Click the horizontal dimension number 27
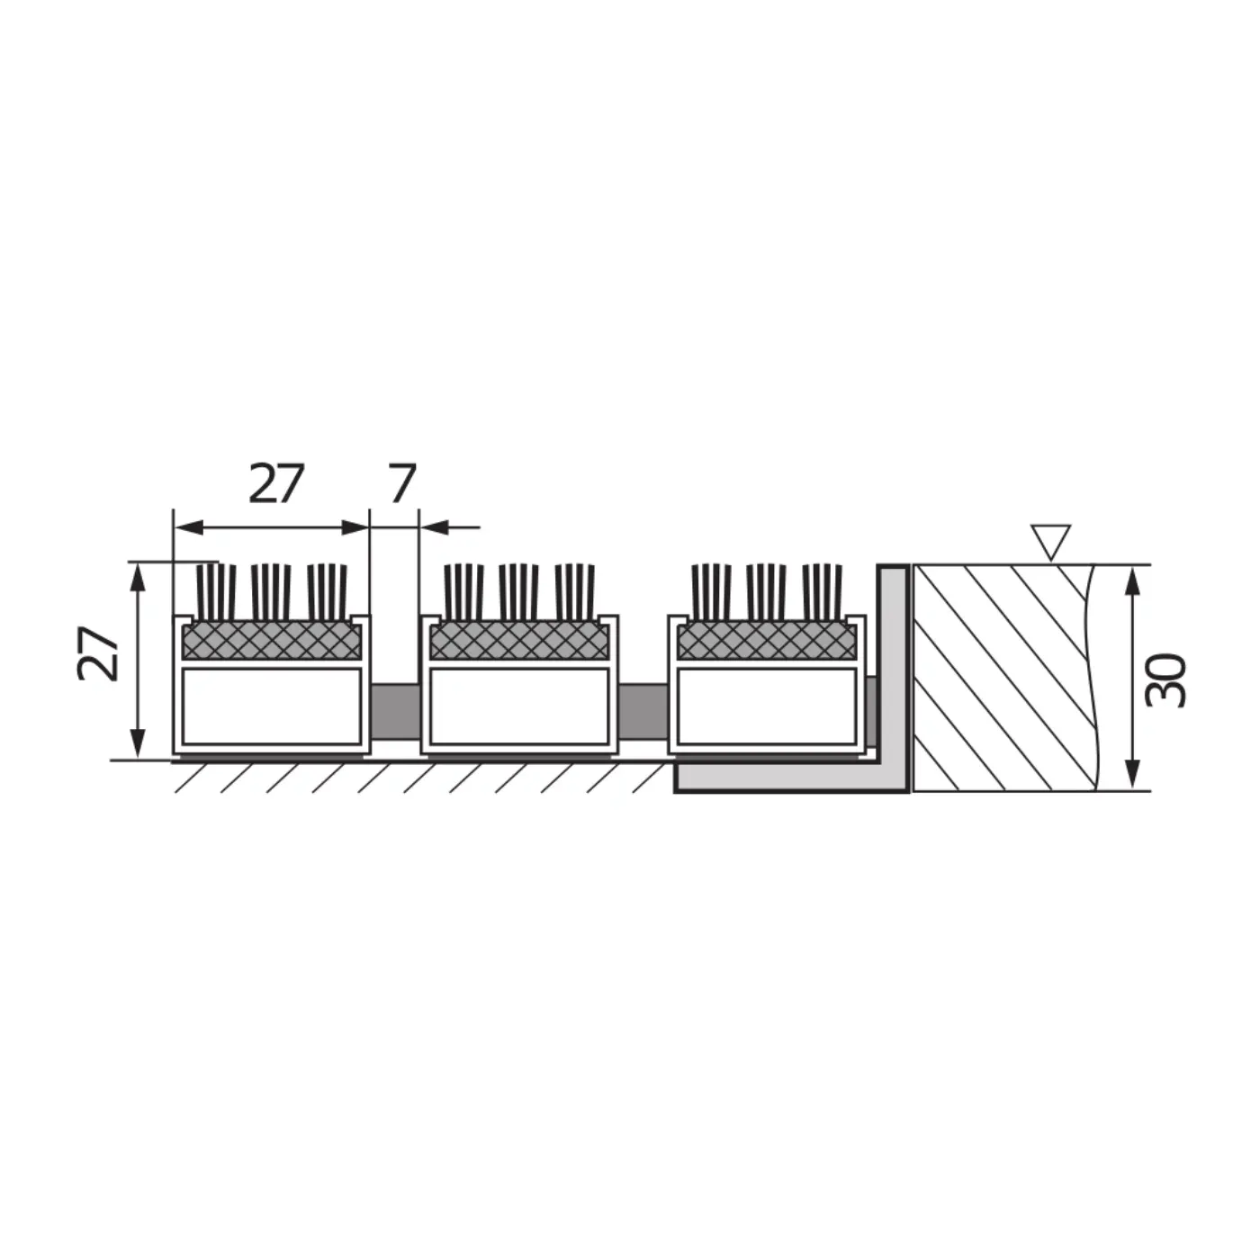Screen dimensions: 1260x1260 pyautogui.click(x=276, y=483)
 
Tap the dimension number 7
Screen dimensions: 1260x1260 pyautogui.click(x=402, y=483)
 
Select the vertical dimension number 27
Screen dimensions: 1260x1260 pyautogui.click(x=97, y=654)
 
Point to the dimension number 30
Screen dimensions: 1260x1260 pyautogui.click(x=1165, y=680)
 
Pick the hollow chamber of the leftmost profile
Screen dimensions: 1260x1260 pyautogui.click(x=272, y=706)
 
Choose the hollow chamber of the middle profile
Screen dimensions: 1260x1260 pyautogui.click(x=520, y=706)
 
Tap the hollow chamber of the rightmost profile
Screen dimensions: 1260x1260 pyautogui.click(x=767, y=706)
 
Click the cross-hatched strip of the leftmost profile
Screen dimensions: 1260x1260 pyautogui.click(x=272, y=641)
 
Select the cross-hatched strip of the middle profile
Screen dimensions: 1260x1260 pyautogui.click(x=520, y=641)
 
